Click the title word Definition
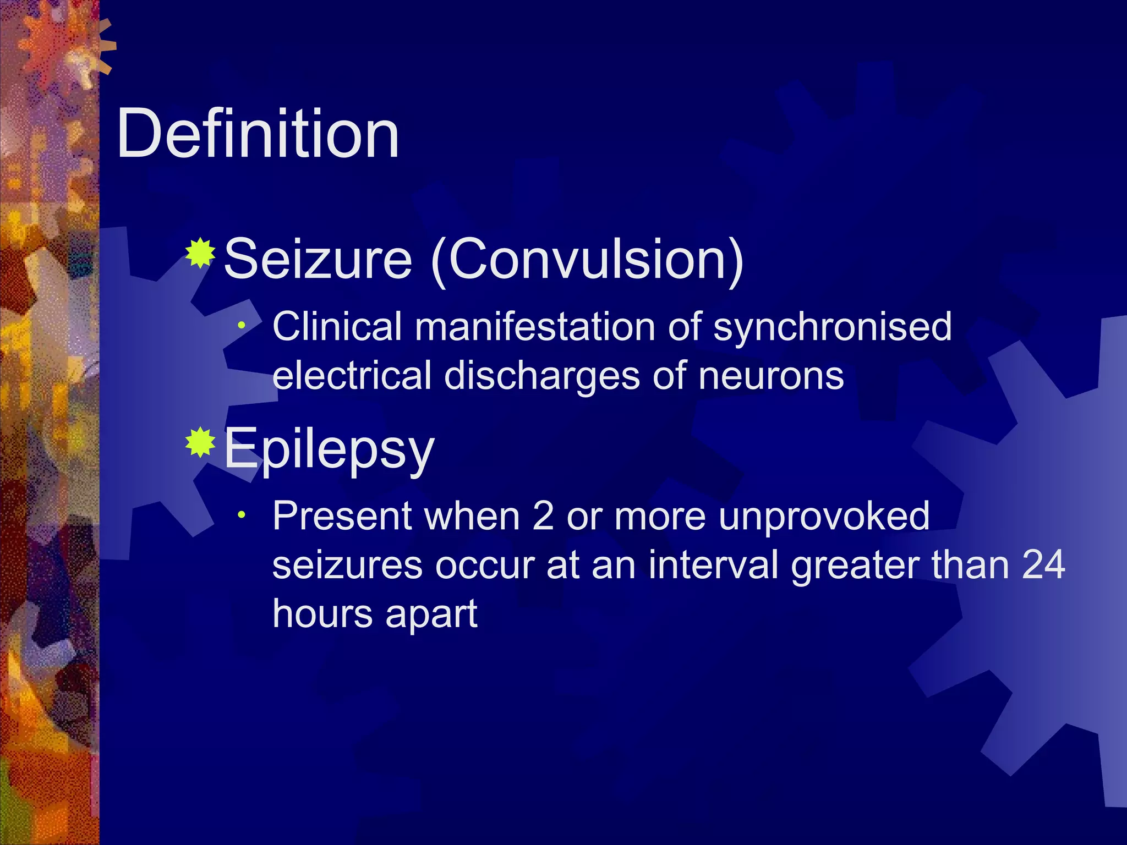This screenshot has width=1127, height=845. pyautogui.click(x=258, y=134)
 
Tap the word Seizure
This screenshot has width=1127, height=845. pyautogui.click(x=318, y=259)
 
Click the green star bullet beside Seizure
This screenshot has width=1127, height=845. pyautogui.click(x=200, y=253)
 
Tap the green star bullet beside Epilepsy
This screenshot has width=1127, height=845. pyautogui.click(x=200, y=442)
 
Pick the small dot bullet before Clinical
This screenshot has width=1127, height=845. pyautogui.click(x=241, y=326)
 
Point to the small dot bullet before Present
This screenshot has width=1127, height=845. pyautogui.click(x=241, y=515)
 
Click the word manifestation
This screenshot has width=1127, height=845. pyautogui.click(x=534, y=327)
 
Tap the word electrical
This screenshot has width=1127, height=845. pyautogui.click(x=352, y=376)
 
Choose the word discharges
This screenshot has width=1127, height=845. pyautogui.click(x=541, y=377)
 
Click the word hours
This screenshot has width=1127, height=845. pyautogui.click(x=322, y=613)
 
